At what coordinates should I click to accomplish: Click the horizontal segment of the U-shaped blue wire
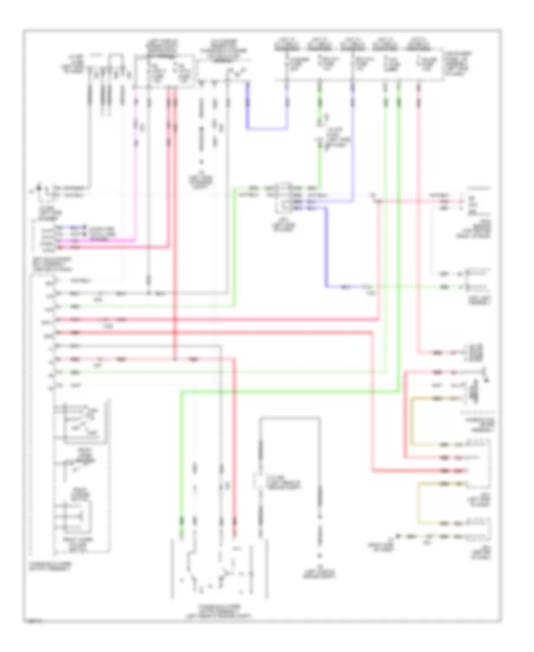pos(267,128)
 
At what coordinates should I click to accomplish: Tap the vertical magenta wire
pos(136,172)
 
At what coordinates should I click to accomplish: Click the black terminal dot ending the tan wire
pos(399,536)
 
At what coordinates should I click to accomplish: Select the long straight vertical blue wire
pos(354,142)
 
